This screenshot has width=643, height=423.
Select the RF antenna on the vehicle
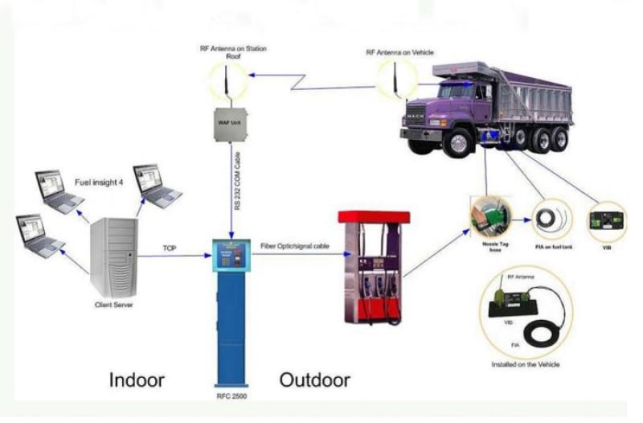coord(395,79)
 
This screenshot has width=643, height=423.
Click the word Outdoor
coord(315,379)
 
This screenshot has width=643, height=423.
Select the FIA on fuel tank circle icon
coord(552,216)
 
